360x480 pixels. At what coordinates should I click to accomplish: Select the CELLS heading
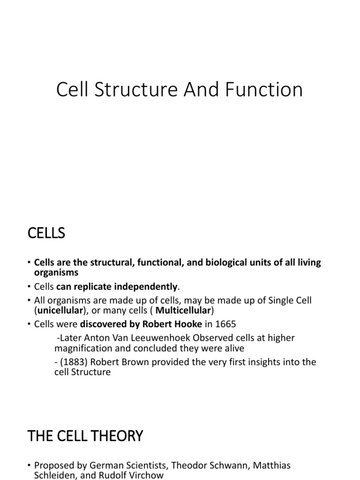click(46, 233)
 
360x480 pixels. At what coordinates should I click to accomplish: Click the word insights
click(247, 362)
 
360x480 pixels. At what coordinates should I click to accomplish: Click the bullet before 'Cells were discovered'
click(29, 324)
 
